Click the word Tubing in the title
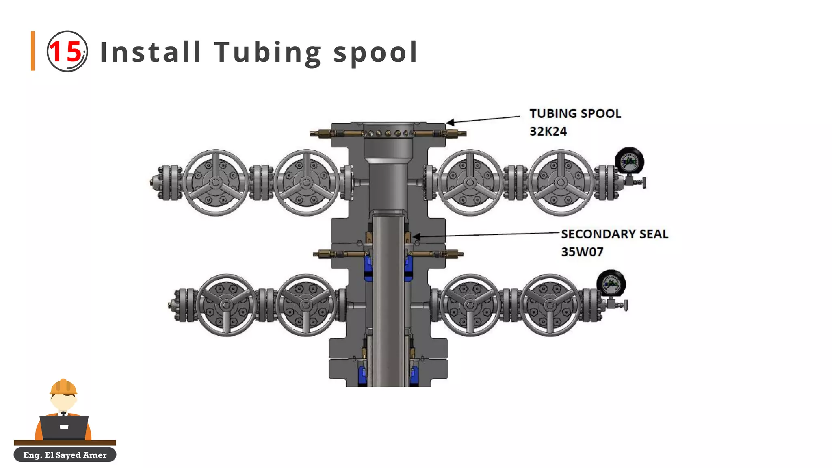pyautogui.click(x=268, y=52)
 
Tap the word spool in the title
pyautogui.click(x=375, y=52)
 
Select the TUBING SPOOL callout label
pyautogui.click(x=575, y=113)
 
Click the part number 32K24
pyautogui.click(x=548, y=131)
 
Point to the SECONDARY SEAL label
pyautogui.click(x=614, y=234)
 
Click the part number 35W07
pyautogui.click(x=582, y=252)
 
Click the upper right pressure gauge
pyautogui.click(x=629, y=161)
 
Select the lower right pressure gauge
pyautogui.click(x=611, y=283)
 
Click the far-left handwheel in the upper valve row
pyautogui.click(x=216, y=182)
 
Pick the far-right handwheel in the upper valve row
pyautogui.click(x=561, y=182)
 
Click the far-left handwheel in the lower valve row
pyautogui.click(x=226, y=305)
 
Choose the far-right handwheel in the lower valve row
pyautogui.click(x=550, y=305)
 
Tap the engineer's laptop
pyautogui.click(x=64, y=427)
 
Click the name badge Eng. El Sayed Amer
pyautogui.click(x=65, y=455)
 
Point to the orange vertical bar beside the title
pyautogui.click(x=33, y=51)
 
